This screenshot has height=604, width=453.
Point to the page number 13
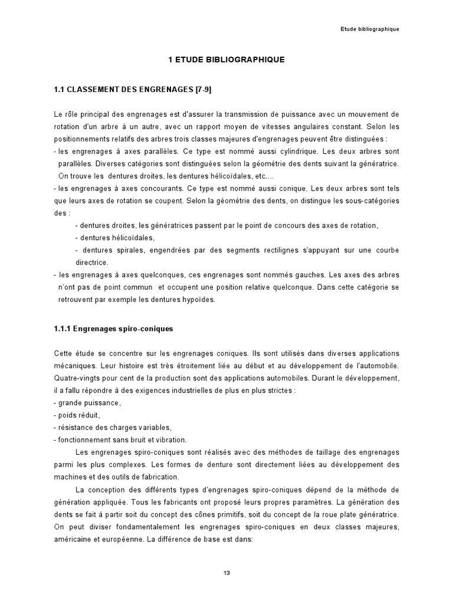226,573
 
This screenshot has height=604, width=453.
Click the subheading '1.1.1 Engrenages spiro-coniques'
113,329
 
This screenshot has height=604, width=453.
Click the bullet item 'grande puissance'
88,402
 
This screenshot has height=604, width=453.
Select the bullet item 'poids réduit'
81,415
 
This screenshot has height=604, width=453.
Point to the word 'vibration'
169,439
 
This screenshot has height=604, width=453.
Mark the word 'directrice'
91,262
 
